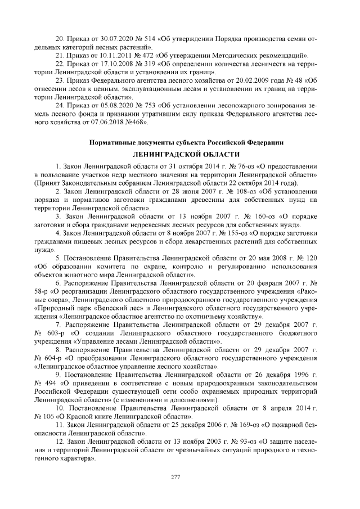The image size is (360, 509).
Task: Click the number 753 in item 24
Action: (x=150, y=104)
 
